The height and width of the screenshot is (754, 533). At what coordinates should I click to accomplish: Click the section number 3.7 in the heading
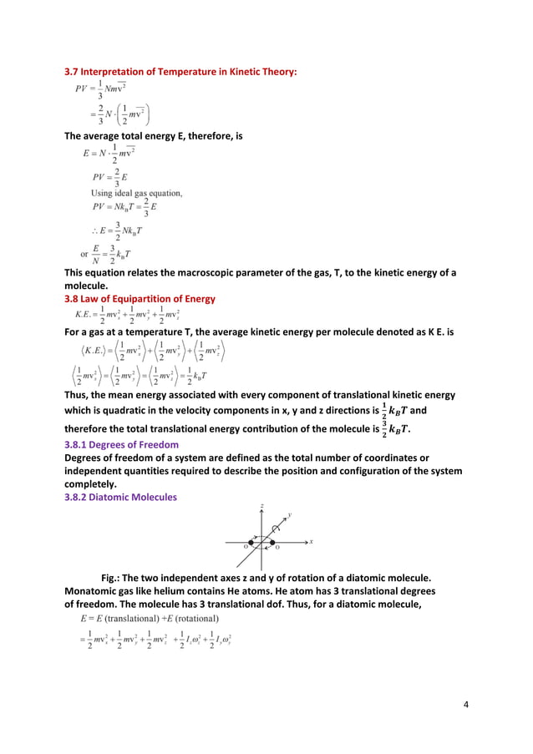click(73, 72)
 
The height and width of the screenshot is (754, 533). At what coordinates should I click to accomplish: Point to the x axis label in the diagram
click(311, 541)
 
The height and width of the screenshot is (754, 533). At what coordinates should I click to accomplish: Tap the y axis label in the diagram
click(289, 515)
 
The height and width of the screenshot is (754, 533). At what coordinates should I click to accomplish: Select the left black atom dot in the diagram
click(251, 543)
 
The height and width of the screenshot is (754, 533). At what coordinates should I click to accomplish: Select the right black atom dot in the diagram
click(272, 543)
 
